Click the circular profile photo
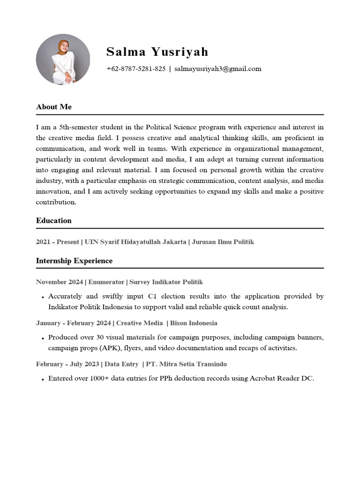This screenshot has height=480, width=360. tap(63, 60)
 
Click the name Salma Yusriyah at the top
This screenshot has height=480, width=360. tap(157, 52)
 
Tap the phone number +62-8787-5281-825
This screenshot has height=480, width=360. tap(136, 69)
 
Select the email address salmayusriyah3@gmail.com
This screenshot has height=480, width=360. tap(217, 69)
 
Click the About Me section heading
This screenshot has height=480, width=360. tap(54, 107)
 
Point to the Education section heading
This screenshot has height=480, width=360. tap(54, 221)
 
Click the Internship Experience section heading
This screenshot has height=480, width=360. tap(74, 261)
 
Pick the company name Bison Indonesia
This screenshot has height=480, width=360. tap(194, 323)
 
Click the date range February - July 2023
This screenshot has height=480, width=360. tap(67, 364)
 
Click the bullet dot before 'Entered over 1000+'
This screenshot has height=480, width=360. tap(42, 379)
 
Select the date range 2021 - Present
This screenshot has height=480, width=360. tap(57, 242)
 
